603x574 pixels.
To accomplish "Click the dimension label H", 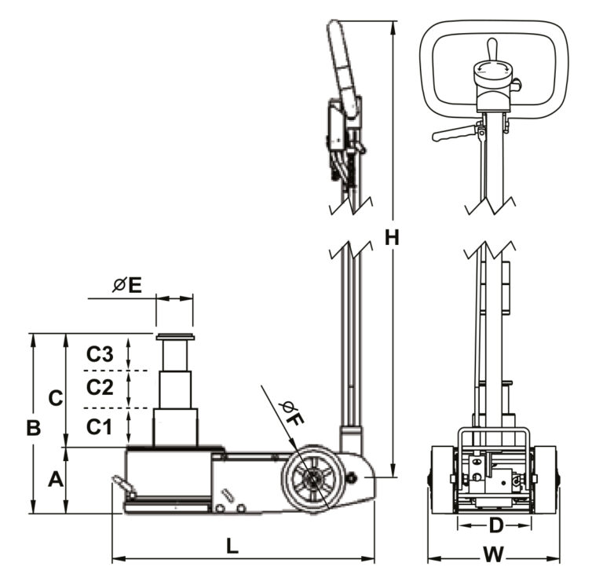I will (x=393, y=237).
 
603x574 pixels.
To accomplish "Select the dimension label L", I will (x=232, y=547).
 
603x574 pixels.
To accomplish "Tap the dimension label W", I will (x=492, y=554).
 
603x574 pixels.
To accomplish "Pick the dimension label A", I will (x=56, y=479).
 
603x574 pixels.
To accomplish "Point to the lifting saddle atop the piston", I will (x=174, y=338).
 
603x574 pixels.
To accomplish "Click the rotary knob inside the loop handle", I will (x=492, y=73).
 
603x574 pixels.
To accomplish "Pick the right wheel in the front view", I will (x=546, y=479).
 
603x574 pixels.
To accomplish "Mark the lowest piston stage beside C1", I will (x=174, y=428).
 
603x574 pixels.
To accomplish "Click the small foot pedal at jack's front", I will (x=124, y=487).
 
